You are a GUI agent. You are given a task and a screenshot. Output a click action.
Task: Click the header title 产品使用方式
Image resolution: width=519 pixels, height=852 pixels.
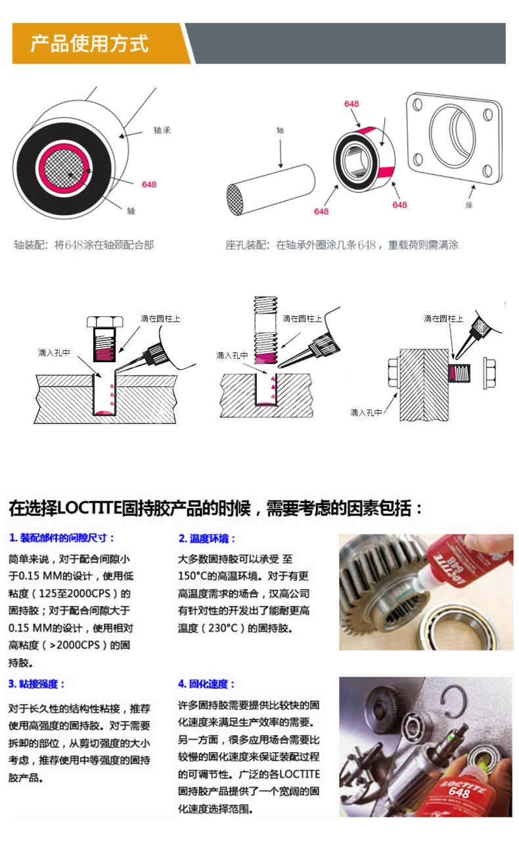point(89,44)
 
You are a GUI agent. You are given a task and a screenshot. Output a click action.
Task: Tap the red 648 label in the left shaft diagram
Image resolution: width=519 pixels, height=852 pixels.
point(149,184)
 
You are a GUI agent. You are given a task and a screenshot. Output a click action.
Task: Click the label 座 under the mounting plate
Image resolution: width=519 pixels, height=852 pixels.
point(469,205)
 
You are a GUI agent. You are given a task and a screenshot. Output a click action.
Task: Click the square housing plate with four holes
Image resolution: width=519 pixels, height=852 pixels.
point(454,138)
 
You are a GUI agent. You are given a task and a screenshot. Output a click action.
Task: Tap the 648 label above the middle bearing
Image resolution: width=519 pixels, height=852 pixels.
point(351,104)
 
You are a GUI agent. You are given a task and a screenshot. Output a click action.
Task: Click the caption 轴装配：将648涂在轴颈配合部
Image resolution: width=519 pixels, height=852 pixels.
point(84,245)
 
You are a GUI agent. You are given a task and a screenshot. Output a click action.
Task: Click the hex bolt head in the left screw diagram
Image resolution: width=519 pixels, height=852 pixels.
point(106,321)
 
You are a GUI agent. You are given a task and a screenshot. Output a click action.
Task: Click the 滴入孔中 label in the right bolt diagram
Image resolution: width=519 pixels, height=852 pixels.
point(366,412)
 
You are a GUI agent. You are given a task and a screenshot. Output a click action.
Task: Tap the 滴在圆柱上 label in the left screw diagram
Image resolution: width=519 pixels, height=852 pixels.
point(160,318)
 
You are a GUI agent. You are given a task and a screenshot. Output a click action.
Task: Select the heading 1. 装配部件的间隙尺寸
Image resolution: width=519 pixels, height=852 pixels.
point(62,538)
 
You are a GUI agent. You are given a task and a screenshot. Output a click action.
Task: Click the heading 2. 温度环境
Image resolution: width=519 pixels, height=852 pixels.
point(207,538)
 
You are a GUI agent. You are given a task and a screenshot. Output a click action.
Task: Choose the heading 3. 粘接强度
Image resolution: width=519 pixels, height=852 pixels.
point(37,684)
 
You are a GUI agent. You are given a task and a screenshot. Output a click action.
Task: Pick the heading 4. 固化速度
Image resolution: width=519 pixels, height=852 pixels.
point(207,684)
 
